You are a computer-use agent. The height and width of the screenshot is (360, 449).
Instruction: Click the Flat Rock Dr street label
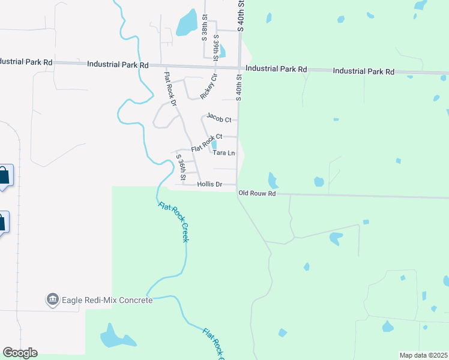(170, 89)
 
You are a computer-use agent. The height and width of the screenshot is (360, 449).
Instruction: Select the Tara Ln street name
(224, 153)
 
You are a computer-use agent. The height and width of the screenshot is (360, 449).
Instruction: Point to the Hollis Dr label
(209, 185)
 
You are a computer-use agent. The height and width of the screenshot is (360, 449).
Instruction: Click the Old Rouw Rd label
(256, 193)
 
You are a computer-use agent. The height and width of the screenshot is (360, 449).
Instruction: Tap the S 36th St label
(181, 168)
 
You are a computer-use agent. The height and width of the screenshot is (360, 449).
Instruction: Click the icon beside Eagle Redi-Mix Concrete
(52, 299)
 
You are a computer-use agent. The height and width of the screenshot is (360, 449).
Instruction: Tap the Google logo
(20, 353)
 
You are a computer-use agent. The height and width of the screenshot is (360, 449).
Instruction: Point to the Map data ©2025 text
(423, 355)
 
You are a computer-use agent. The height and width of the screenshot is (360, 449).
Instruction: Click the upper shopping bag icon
(4, 176)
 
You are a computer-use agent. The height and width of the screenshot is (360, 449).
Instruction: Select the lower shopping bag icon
(2, 221)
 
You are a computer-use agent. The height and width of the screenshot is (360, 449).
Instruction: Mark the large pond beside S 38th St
(187, 23)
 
